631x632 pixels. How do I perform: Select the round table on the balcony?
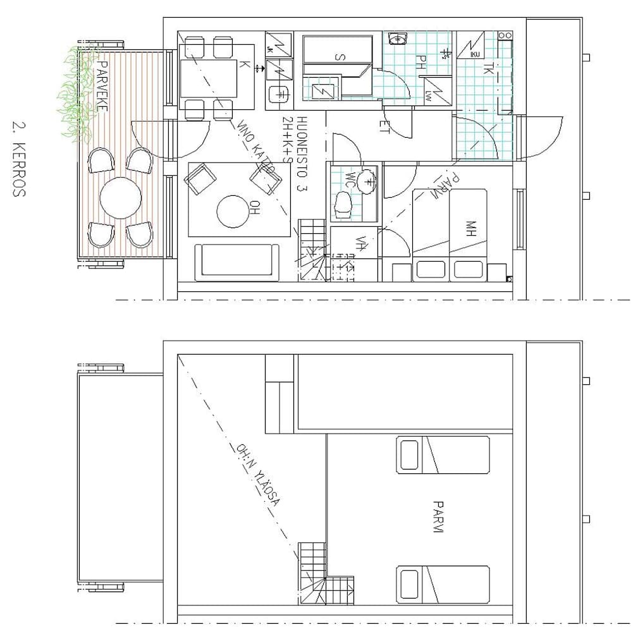[x=121, y=197]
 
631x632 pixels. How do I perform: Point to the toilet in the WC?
[x=343, y=205]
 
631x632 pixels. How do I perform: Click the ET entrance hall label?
[x=384, y=126]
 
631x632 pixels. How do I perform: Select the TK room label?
[x=487, y=70]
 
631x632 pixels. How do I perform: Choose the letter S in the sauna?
[x=341, y=58]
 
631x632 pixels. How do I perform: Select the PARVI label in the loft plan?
[x=437, y=516]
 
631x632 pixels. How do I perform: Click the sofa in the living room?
[x=236, y=262]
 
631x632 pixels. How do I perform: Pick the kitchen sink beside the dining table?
[x=279, y=94]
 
